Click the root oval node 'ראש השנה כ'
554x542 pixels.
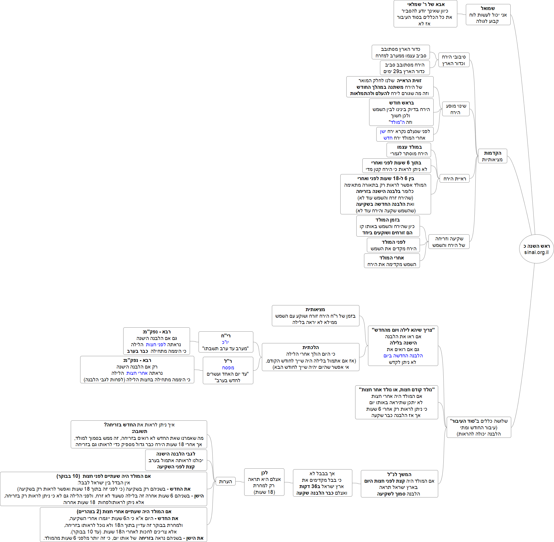click(x=536, y=246)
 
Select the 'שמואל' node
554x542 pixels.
click(x=488, y=15)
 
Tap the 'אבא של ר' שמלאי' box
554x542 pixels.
click(x=425, y=14)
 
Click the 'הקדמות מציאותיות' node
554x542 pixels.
click(x=492, y=156)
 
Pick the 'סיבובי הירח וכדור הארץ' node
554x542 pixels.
click(x=454, y=60)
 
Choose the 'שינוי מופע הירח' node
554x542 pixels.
click(x=456, y=109)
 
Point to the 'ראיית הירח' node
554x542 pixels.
click(x=454, y=179)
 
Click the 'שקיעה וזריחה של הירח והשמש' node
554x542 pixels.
click(x=449, y=242)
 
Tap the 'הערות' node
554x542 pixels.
click(x=225, y=481)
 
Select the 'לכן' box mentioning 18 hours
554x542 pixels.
click(x=264, y=482)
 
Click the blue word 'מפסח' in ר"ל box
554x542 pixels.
click(x=228, y=368)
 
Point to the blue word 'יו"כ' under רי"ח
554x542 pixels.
click(x=225, y=342)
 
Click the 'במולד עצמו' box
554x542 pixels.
click(x=409, y=150)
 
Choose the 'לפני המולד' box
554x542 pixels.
click(x=393, y=245)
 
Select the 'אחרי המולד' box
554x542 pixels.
click(x=392, y=261)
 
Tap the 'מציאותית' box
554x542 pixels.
click(x=316, y=316)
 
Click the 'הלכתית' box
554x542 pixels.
click(x=311, y=357)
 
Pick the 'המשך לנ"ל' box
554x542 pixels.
click(x=399, y=484)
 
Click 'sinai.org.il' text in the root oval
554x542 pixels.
click(x=536, y=252)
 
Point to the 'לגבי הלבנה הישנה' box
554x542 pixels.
click(x=176, y=460)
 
